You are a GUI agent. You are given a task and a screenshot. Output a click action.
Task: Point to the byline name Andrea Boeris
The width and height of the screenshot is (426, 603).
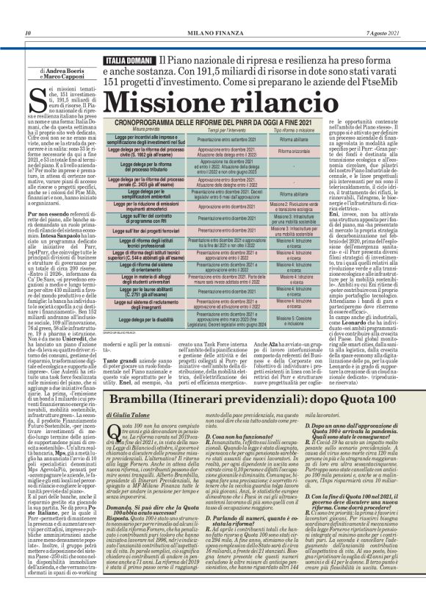click(55, 69)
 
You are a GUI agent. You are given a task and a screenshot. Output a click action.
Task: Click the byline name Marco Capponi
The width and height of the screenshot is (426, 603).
click(56, 75)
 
